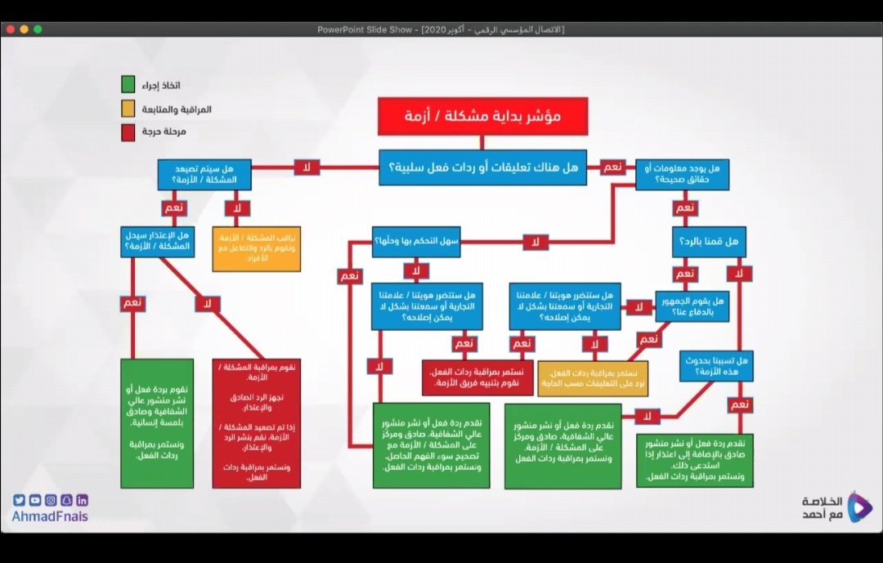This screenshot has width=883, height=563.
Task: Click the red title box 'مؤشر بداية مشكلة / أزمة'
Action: pos(482,117)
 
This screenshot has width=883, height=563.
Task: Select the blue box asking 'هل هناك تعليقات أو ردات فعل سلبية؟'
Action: pos(482,168)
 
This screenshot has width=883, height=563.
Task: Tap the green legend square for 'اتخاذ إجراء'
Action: pos(128,85)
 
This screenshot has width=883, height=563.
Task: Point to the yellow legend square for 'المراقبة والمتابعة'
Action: pos(128,109)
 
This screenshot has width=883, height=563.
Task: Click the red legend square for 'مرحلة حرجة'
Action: pos(128,132)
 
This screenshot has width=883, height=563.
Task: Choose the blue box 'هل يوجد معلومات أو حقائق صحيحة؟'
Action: pos(682,174)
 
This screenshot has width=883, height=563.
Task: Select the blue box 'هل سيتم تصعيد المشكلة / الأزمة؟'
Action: pos(204,174)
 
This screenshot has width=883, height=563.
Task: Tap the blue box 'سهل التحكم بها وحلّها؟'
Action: pos(416,242)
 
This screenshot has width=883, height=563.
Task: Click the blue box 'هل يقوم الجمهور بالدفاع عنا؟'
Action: pos(692,306)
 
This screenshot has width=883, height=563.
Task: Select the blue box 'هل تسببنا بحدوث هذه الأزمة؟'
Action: pos(716,364)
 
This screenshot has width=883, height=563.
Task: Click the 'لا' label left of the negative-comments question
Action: pos(307,168)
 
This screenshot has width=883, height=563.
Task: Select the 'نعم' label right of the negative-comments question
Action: pos(611,167)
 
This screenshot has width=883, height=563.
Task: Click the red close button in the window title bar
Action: pos(10,29)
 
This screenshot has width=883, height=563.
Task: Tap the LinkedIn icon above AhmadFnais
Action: pos(82,500)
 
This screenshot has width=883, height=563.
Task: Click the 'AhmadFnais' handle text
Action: pos(50,516)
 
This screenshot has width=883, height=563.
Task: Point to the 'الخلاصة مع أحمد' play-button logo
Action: pos(858,507)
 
